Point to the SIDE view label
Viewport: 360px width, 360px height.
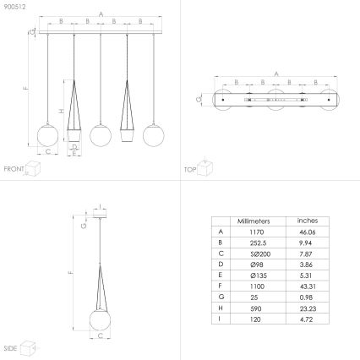coord(10,347)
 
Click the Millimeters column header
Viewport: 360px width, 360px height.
coord(254,220)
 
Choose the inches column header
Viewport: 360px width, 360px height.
coord(307,220)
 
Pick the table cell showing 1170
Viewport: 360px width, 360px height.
coord(254,231)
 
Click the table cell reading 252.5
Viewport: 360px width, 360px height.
coord(254,241)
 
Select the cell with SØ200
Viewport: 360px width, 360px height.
coord(254,252)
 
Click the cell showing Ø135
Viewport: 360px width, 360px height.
coord(254,273)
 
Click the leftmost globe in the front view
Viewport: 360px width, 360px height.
coord(47,135)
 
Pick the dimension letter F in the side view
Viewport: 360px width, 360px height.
coord(70,272)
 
